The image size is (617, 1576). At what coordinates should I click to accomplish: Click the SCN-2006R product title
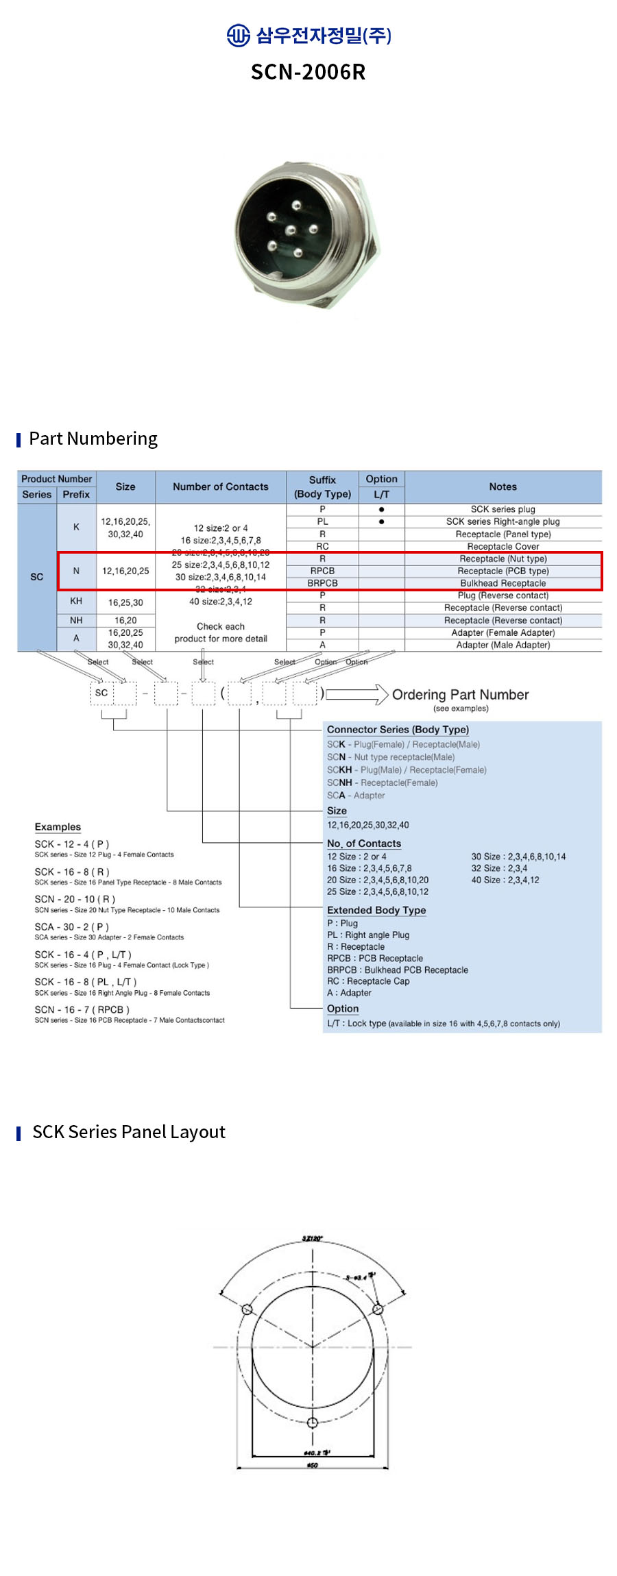(308, 72)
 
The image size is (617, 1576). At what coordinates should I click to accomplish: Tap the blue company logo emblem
(238, 35)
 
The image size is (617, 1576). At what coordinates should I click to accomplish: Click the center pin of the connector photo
(291, 230)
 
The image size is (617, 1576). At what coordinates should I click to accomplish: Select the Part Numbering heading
(93, 439)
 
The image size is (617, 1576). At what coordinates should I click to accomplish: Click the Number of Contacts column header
(220, 487)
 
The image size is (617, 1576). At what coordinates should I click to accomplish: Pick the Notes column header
(503, 487)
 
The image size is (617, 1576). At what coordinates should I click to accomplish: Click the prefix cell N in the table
(76, 571)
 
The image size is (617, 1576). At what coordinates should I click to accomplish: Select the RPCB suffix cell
(322, 571)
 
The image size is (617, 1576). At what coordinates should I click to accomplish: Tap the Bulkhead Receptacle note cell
(503, 583)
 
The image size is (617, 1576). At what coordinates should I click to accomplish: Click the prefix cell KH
(76, 601)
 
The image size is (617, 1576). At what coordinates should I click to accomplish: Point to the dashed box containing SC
(101, 693)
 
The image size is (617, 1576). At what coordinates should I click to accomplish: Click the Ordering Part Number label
(460, 695)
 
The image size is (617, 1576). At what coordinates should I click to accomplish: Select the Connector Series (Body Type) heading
(398, 730)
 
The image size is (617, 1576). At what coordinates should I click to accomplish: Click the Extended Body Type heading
(376, 910)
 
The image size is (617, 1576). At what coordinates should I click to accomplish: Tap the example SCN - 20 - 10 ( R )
(75, 899)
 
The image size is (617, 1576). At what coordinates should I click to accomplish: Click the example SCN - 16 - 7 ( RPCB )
(82, 1009)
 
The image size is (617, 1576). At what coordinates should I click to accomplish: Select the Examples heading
(58, 827)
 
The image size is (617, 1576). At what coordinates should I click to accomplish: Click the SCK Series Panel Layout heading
(129, 1132)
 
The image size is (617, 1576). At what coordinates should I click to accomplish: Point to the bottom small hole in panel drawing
(313, 1423)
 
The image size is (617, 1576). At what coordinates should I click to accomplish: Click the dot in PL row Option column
(381, 521)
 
